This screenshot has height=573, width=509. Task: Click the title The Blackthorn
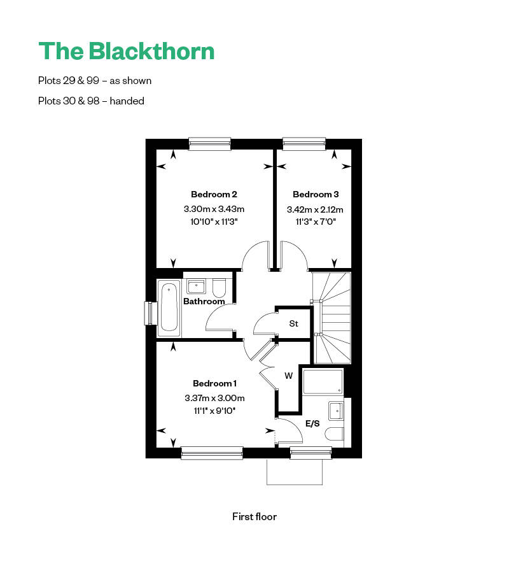(x=127, y=51)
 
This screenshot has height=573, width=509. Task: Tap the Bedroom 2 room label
(x=214, y=194)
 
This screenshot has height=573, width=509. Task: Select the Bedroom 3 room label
(x=316, y=194)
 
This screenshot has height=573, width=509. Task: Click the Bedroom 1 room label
(x=214, y=383)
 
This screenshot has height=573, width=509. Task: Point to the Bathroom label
(x=204, y=301)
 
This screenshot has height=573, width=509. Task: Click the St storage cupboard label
(x=293, y=323)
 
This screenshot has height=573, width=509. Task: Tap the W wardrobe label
(x=288, y=376)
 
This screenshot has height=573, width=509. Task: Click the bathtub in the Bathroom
(x=169, y=308)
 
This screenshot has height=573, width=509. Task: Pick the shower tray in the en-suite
(x=323, y=382)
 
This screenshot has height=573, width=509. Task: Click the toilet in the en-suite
(x=335, y=435)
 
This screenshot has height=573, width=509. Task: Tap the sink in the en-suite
(x=336, y=411)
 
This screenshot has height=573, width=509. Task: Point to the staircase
(x=332, y=316)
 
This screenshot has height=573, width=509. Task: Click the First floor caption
(x=254, y=516)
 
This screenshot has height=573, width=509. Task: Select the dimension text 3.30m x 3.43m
(x=214, y=209)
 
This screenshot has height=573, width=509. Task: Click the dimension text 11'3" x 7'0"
(x=316, y=222)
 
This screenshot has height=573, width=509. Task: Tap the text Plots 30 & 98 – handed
(x=91, y=101)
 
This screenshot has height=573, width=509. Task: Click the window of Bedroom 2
(x=209, y=144)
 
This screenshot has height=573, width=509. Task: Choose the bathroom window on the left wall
(x=151, y=314)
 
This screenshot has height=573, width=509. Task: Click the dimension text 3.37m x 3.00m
(x=214, y=398)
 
